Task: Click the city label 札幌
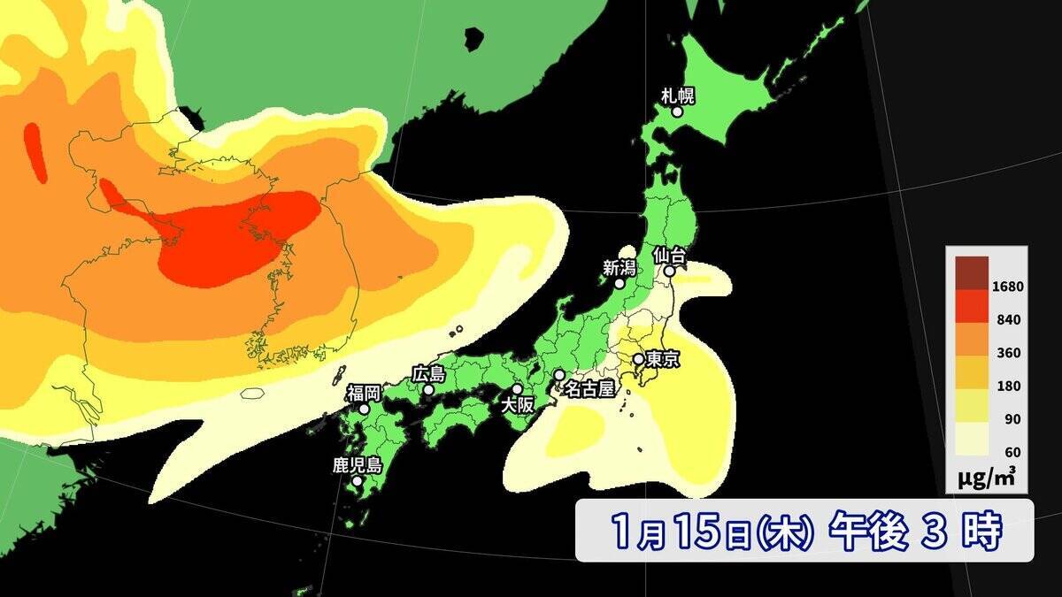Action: pyautogui.click(x=677, y=95)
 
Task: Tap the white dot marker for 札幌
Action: pyautogui.click(x=677, y=112)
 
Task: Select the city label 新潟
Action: pyautogui.click(x=619, y=266)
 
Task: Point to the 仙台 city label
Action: pyautogui.click(x=670, y=255)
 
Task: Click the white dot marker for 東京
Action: pyautogui.click(x=637, y=359)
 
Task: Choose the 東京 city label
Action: pyautogui.click(x=663, y=360)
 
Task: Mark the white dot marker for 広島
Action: pyautogui.click(x=428, y=390)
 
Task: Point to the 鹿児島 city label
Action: pyautogui.click(x=357, y=465)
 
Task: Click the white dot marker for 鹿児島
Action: pyautogui.click(x=357, y=482)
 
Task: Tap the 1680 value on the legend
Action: pyautogui.click(x=1008, y=286)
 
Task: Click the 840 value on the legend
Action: pyautogui.click(x=1008, y=319)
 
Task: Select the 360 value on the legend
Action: pyautogui.click(x=1008, y=353)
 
